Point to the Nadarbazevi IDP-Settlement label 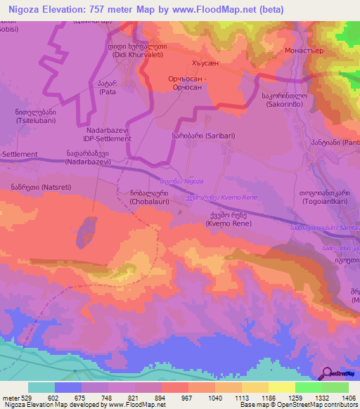pyautogui.click(x=108, y=135)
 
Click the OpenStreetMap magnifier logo pyautogui.click(x=328, y=372)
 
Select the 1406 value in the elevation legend pyautogui.click(x=349, y=397)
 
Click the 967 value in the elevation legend pyautogui.click(x=188, y=397)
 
